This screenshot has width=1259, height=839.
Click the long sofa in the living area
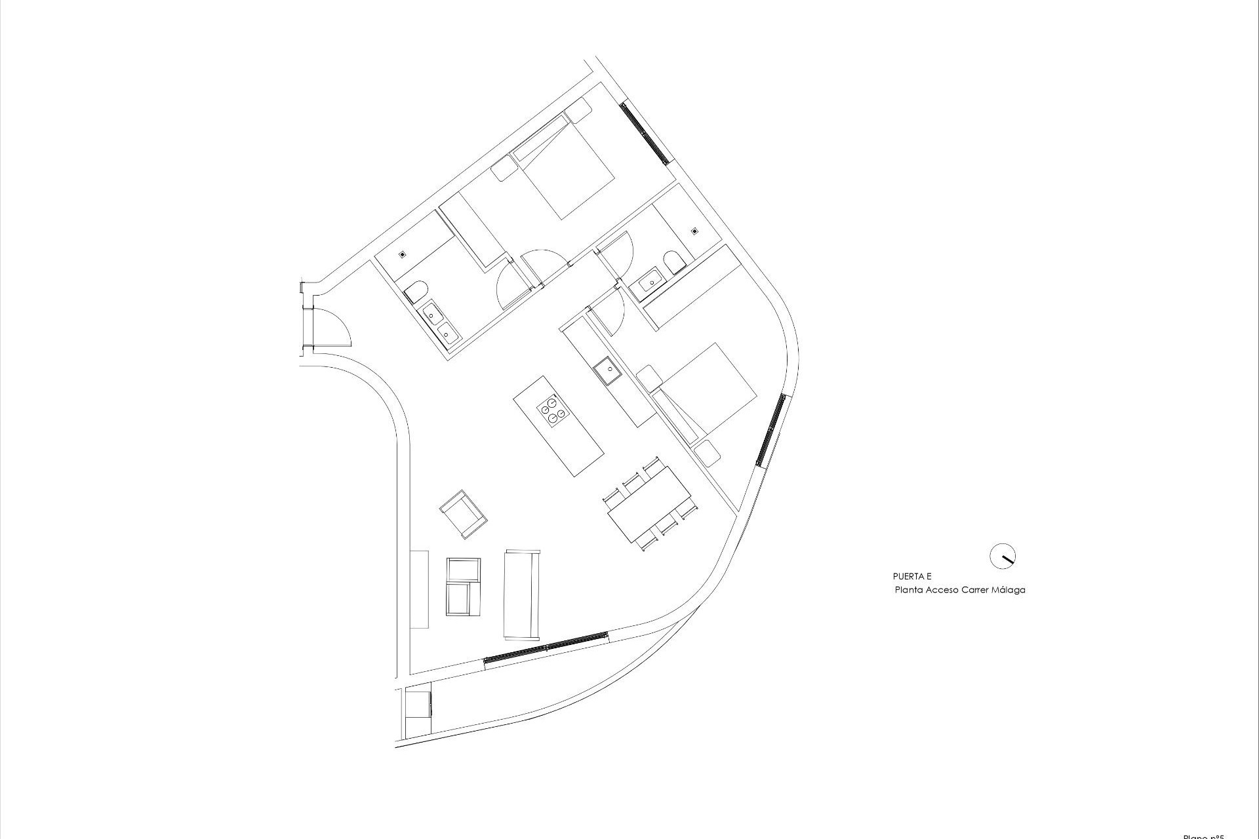tap(522, 594)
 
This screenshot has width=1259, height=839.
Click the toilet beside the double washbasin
tap(416, 291)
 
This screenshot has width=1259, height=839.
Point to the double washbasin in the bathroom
tap(441, 324)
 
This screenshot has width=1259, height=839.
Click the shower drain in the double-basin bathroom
tap(402, 254)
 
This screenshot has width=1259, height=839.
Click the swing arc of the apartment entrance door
tap(338, 328)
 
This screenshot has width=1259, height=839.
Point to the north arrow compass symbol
tap(1002, 556)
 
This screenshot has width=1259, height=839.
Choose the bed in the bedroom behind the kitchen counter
tap(708, 389)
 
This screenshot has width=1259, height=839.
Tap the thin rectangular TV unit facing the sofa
tap(419, 589)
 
